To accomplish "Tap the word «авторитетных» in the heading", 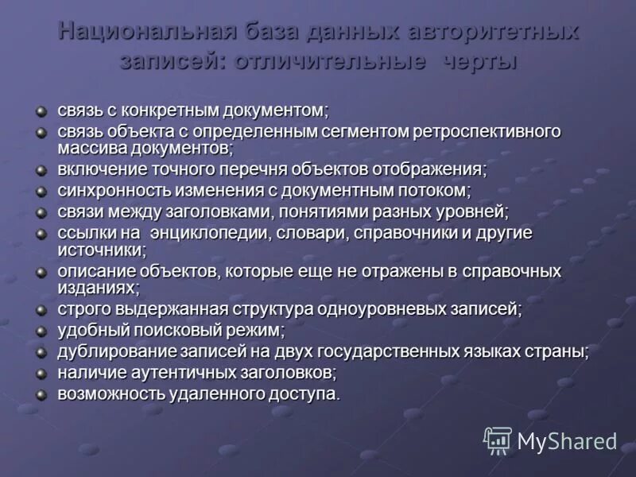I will click(494, 33).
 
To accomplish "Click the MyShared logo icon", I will click(498, 440).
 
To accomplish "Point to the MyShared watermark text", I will click(567, 441).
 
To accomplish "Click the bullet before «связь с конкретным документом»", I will click(41, 109).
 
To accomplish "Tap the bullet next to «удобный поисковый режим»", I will click(41, 329).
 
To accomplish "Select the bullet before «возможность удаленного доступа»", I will click(41, 394).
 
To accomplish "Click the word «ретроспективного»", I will click(487, 131).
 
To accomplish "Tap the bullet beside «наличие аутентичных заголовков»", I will click(41, 372).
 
